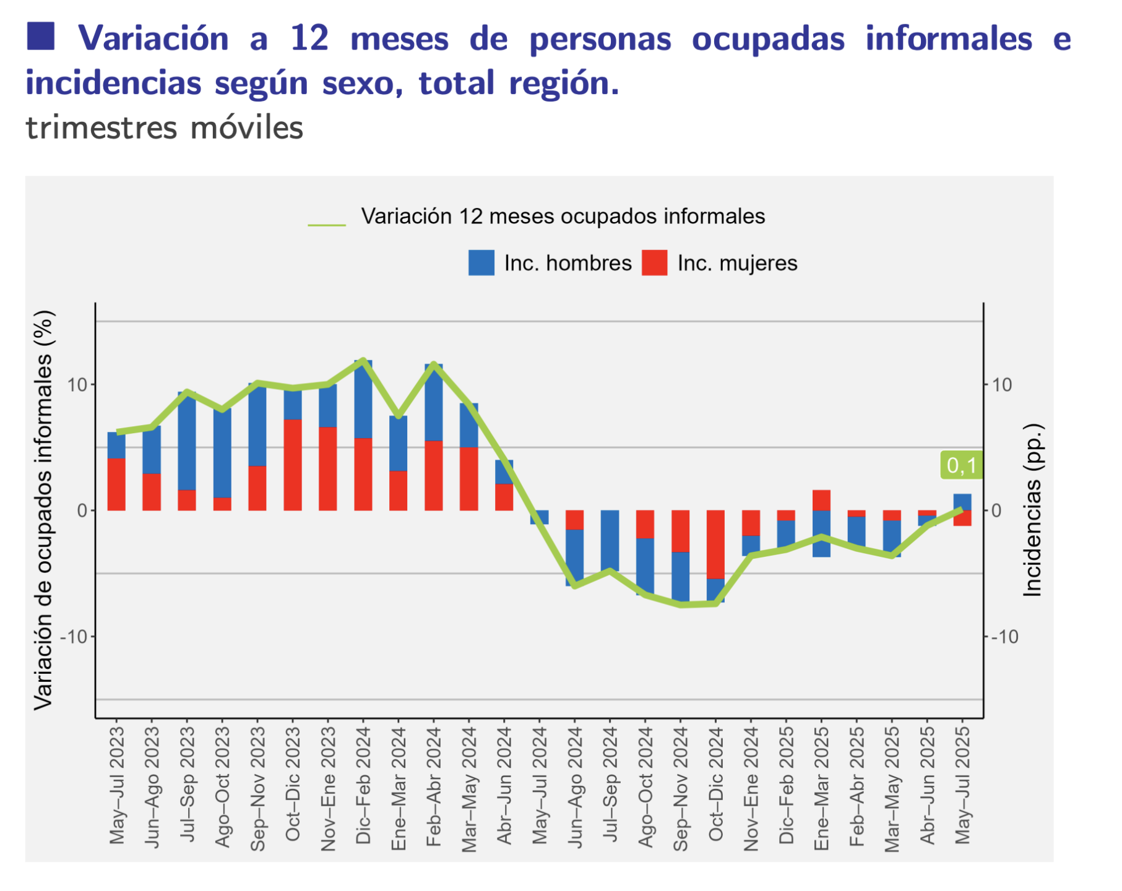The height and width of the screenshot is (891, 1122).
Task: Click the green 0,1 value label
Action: point(961,465)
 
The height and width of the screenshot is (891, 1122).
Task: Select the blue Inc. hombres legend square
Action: point(481,263)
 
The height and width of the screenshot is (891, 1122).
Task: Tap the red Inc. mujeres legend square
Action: point(654,263)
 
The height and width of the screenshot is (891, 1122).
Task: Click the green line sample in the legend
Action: point(327,225)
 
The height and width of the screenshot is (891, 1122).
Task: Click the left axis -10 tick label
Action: point(74,637)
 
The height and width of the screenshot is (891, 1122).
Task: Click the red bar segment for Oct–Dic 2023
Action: point(293,465)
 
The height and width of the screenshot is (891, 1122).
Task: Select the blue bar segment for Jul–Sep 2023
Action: point(187,441)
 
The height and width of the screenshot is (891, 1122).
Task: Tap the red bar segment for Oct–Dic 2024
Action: point(716,544)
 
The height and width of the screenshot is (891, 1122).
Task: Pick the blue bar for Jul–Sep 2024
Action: point(610,540)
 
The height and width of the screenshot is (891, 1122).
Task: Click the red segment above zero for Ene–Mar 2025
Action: point(821,500)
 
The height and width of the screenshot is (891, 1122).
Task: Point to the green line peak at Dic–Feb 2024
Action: point(363,360)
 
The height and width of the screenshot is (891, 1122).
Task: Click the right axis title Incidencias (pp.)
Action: point(1032,510)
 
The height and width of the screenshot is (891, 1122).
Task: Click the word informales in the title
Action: point(948,38)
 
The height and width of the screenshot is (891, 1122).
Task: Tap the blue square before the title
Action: point(41,36)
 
